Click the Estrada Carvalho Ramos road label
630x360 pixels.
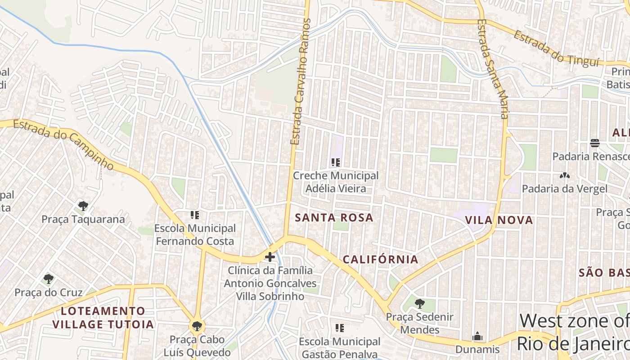point(301,82)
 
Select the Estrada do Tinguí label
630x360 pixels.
point(557,49)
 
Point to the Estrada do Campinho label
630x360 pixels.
point(63,144)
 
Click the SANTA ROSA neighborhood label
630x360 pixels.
point(334,218)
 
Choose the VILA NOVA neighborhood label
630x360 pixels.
point(499,220)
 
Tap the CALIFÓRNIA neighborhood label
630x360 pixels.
point(381,260)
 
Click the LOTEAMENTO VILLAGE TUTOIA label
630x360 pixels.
point(103,318)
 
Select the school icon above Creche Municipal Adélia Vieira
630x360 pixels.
point(335,162)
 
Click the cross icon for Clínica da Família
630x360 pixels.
point(270,257)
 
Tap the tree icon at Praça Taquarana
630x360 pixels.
point(83,206)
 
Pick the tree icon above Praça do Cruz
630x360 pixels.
point(49,279)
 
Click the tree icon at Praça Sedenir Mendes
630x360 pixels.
point(419,304)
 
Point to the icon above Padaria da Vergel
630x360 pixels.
point(564,175)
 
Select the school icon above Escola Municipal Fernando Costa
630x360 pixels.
point(195,215)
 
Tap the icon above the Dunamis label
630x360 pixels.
point(477,336)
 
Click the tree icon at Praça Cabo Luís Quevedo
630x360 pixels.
point(197,326)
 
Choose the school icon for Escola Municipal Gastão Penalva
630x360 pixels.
point(340,328)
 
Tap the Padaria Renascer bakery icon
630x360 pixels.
point(595,143)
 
